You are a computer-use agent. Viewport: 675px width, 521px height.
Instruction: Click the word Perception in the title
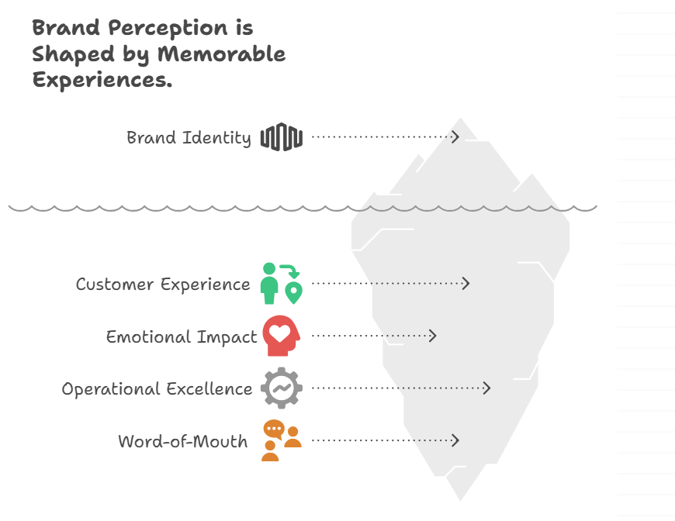pyautogui.click(x=168, y=29)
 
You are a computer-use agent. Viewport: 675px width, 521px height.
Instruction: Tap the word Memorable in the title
pyautogui.click(x=221, y=54)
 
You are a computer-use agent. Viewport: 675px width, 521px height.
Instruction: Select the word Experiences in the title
pyautogui.click(x=102, y=80)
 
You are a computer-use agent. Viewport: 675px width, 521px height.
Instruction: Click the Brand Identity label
pyautogui.click(x=189, y=138)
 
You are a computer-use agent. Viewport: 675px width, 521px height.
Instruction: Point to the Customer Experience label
pyautogui.click(x=163, y=285)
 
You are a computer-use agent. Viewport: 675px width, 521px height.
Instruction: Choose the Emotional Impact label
pyautogui.click(x=182, y=336)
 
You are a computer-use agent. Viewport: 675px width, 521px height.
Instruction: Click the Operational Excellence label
pyautogui.click(x=157, y=389)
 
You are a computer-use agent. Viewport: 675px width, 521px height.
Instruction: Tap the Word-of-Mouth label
pyautogui.click(x=183, y=441)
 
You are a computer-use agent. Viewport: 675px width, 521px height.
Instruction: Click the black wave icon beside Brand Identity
pyautogui.click(x=282, y=137)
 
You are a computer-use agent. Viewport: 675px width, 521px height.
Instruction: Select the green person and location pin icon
pyautogui.click(x=282, y=284)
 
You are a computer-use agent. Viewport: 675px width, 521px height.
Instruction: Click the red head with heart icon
pyautogui.click(x=282, y=336)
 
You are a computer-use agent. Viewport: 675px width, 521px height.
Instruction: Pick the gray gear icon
pyautogui.click(x=282, y=388)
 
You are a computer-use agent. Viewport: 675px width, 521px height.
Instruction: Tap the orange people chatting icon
pyautogui.click(x=282, y=440)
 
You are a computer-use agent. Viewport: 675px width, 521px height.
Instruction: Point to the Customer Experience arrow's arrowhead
pyautogui.click(x=466, y=284)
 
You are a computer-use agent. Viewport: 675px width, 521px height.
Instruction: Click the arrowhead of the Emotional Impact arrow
pyautogui.click(x=433, y=336)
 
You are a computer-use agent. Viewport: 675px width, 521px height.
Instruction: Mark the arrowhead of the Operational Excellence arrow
pyautogui.click(x=487, y=388)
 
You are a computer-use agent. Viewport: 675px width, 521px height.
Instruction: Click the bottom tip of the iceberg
pyautogui.click(x=460, y=501)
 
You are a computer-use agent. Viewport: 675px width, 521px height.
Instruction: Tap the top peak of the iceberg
pyautogui.click(x=461, y=118)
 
